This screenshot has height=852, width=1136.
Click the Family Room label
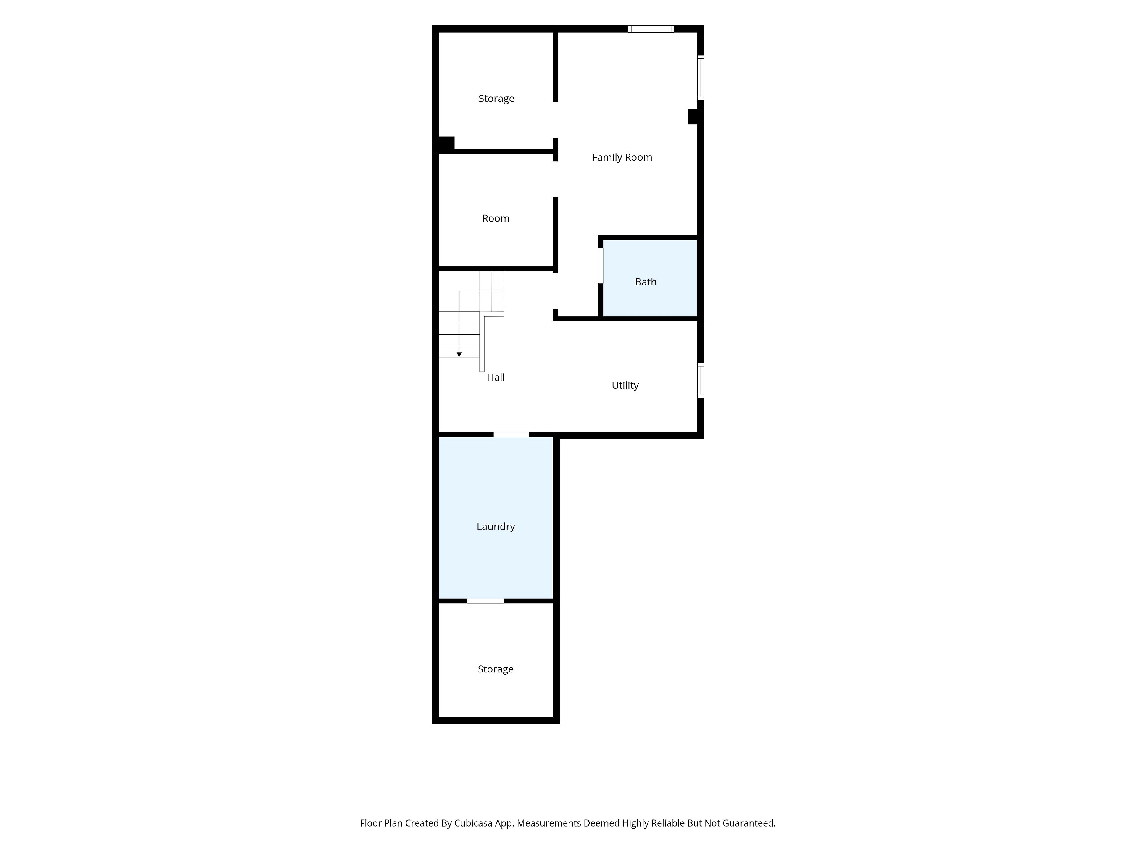pos(622,157)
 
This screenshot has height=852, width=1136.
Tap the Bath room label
pos(646,282)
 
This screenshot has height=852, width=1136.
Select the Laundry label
pos(496,526)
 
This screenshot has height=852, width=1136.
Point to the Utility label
pos(625,385)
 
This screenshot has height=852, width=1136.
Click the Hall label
pos(496,377)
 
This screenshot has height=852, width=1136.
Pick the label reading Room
pos(496,218)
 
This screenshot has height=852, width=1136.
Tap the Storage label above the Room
pos(496,99)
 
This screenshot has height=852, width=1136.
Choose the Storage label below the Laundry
pos(496,669)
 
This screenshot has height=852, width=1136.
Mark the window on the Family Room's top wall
pos(651,29)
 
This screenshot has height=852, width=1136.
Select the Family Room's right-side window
pos(701,78)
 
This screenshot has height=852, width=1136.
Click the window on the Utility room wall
pos(701,380)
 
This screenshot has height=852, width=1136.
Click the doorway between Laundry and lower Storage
pos(485,601)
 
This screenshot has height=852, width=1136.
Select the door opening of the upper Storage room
pos(555,120)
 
